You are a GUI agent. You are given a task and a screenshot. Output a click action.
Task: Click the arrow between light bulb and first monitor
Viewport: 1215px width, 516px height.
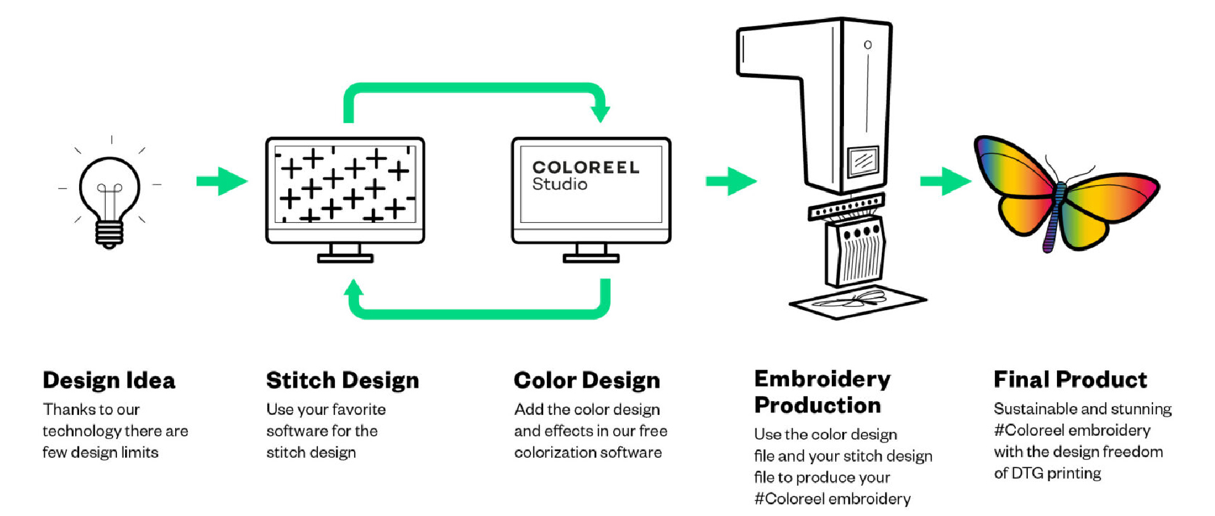pos(221,181)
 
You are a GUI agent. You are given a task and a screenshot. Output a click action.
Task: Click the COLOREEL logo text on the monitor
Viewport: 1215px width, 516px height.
pos(585,167)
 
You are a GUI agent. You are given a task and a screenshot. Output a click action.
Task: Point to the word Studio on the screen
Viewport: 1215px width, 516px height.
pos(559,184)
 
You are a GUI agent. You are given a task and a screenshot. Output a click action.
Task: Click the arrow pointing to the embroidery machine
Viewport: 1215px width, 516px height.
pos(731,181)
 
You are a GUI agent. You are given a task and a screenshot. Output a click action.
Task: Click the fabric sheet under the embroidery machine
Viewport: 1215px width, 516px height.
pos(857,302)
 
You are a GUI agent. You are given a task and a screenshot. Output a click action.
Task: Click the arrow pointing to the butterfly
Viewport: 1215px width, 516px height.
pos(945,181)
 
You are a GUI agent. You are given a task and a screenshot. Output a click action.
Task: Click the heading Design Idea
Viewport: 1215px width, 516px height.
pos(109,380)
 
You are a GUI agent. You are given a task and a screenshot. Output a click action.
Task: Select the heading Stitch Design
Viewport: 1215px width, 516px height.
pos(343,380)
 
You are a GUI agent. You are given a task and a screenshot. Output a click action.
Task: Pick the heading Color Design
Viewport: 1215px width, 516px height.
pos(587,380)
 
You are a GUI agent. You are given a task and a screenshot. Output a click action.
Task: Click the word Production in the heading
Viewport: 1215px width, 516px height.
pos(817,405)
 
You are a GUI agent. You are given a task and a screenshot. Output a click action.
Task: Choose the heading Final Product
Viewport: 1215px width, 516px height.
pos(1070,380)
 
